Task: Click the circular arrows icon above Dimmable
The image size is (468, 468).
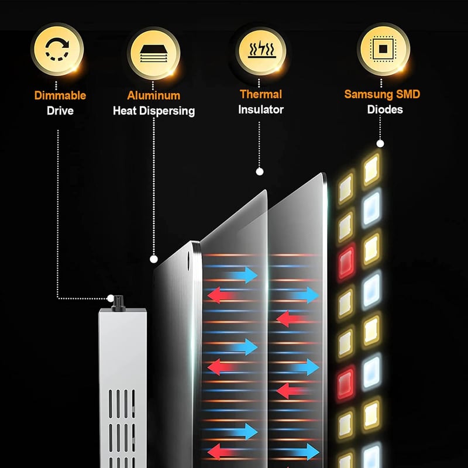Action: (x=57, y=49)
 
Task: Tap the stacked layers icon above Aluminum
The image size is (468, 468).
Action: (x=153, y=53)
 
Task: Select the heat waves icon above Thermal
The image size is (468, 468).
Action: (x=261, y=49)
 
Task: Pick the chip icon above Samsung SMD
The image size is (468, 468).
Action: (x=383, y=49)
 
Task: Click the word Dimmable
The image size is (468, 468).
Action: (x=60, y=95)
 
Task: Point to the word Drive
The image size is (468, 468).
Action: (x=60, y=111)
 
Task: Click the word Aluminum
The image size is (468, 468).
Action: (x=154, y=95)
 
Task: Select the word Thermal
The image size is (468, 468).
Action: (x=261, y=94)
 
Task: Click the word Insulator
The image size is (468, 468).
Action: (x=261, y=109)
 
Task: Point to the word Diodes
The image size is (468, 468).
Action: (x=385, y=109)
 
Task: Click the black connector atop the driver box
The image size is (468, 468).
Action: (x=118, y=304)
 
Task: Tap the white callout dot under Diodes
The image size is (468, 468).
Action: (x=380, y=144)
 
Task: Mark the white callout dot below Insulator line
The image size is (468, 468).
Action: (x=260, y=171)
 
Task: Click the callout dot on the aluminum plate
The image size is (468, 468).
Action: (x=154, y=259)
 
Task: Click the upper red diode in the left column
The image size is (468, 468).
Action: (x=346, y=262)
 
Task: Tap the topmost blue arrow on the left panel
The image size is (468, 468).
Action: (x=242, y=275)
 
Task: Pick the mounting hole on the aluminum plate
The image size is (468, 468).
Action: (x=188, y=261)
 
